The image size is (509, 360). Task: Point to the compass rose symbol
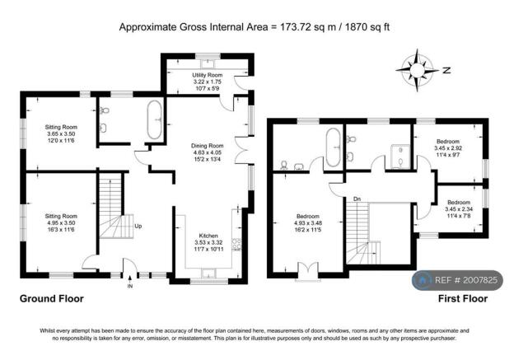pos(417,70)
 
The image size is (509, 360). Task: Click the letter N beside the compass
pos(446,70)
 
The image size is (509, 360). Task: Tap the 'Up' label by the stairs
pos(138,227)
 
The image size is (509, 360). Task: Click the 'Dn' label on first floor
pos(357,199)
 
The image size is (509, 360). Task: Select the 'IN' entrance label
pos(130,287)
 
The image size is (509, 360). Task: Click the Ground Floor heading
pos(52,299)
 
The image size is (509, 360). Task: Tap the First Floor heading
pos(463,299)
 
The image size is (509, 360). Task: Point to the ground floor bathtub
pos(155,119)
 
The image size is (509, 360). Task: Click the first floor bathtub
pos(333,147)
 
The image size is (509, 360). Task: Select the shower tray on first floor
pos(400,157)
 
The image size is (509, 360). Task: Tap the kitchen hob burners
pos(236,245)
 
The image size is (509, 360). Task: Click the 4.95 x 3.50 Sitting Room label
pos(61,223)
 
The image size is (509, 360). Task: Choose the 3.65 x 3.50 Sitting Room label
pos(61,133)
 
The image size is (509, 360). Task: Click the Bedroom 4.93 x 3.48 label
pos(308,223)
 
